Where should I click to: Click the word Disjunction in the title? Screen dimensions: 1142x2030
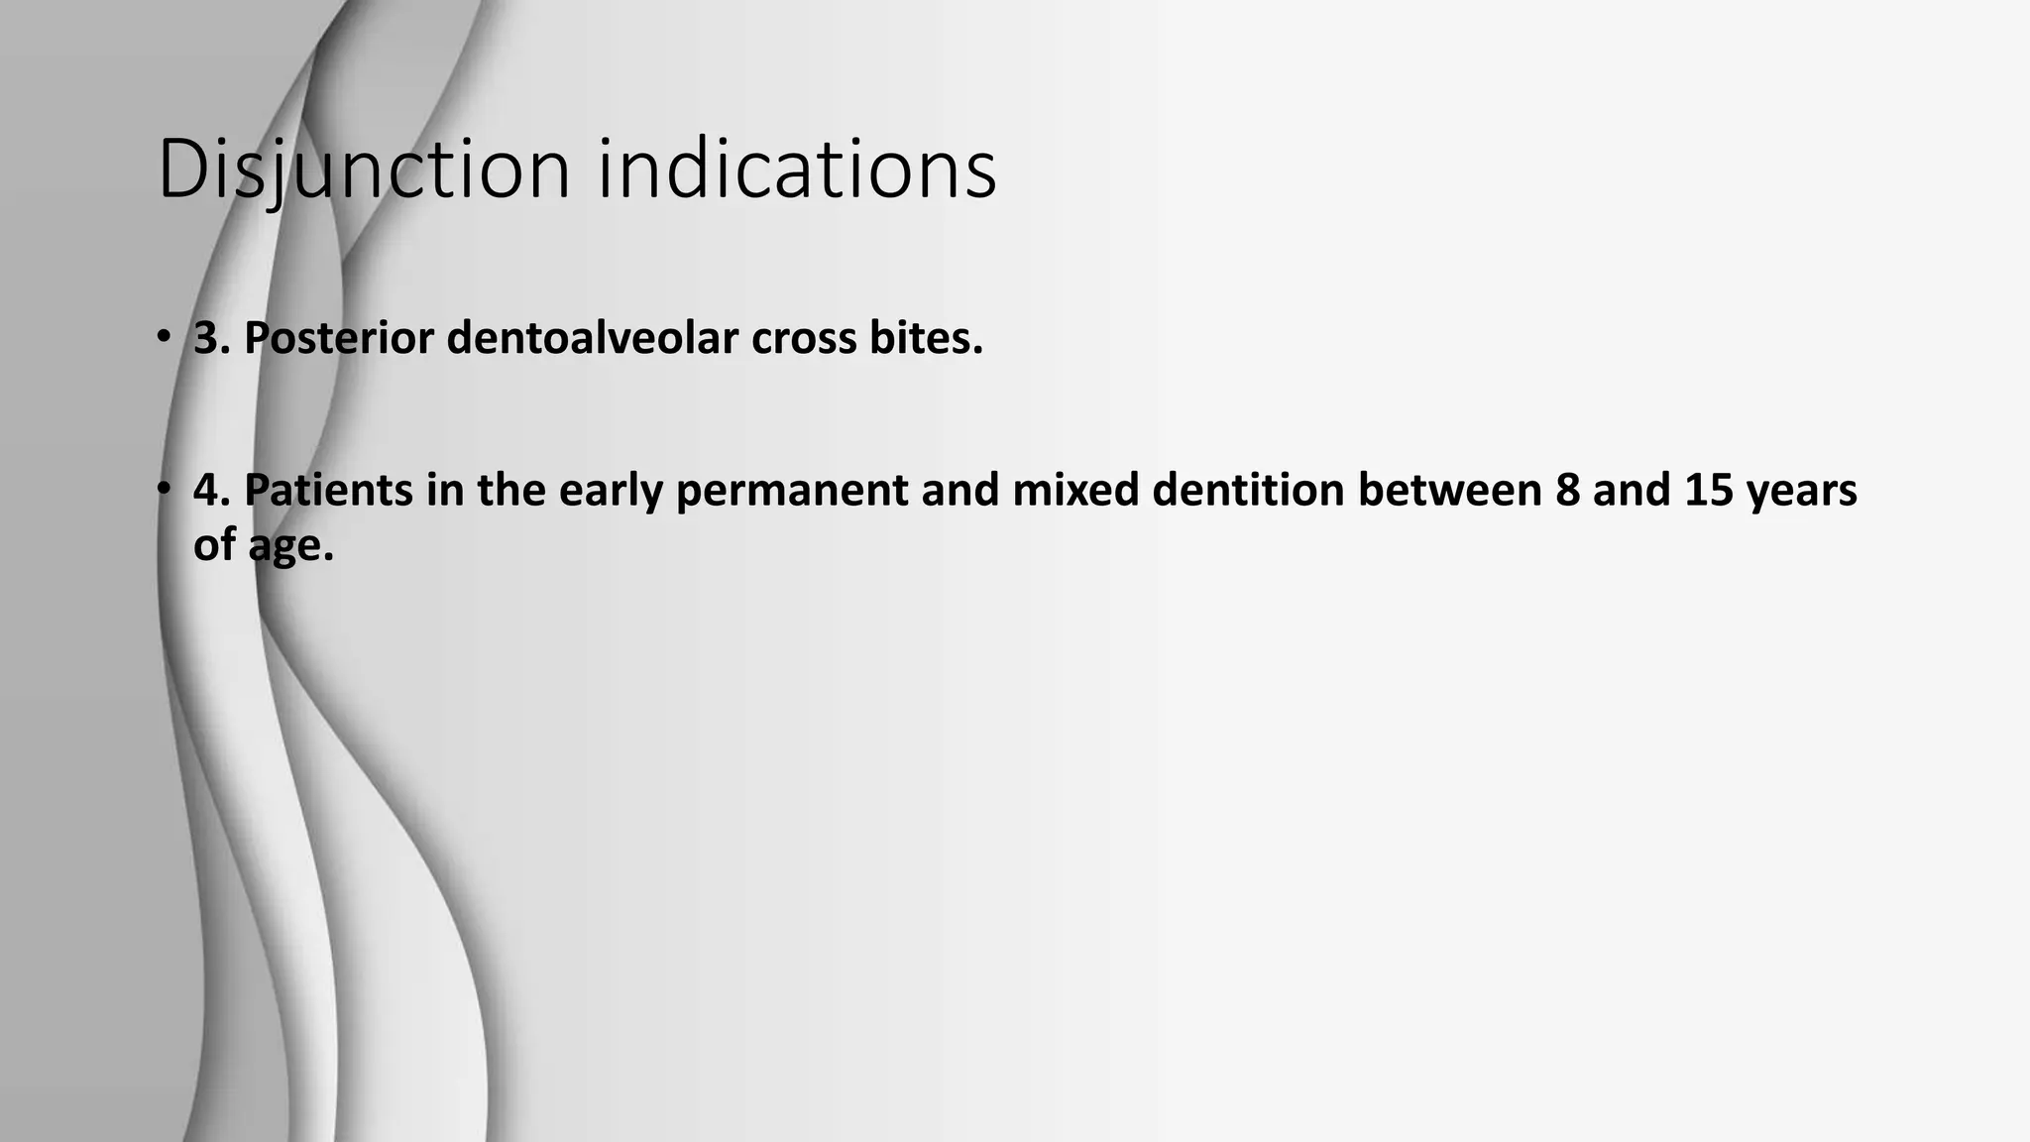point(364,171)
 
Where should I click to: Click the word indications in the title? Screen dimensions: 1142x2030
point(797,171)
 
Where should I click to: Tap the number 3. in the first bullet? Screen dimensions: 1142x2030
point(212,339)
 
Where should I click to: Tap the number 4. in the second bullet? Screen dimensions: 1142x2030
point(212,491)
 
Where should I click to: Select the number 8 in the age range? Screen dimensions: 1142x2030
point(1568,491)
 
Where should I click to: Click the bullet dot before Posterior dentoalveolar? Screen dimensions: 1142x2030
point(162,338)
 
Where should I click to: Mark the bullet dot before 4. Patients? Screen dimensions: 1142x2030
point(162,490)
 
